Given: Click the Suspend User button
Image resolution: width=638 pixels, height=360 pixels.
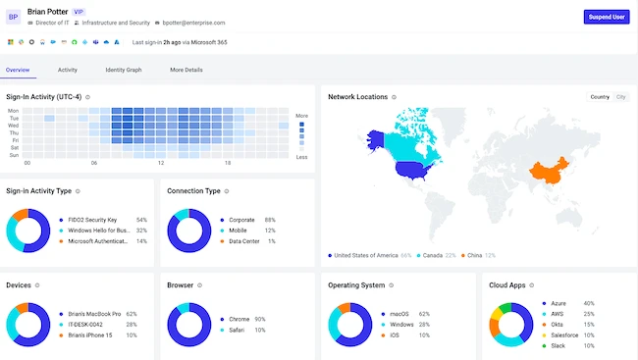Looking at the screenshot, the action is (x=607, y=17).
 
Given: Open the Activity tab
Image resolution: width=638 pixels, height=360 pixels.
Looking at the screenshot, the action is (x=68, y=70).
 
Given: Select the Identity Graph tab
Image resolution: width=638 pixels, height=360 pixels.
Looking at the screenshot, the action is (x=124, y=70).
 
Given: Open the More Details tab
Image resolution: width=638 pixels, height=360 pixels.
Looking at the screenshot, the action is (x=186, y=70).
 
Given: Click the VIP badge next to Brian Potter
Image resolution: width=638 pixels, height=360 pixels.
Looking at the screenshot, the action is (x=79, y=12).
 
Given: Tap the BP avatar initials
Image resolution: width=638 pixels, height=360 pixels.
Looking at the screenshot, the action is (x=13, y=17).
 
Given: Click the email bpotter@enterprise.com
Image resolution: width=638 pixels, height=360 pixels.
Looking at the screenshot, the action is (x=193, y=23).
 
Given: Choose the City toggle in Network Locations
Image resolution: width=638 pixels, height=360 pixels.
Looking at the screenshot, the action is (x=620, y=97).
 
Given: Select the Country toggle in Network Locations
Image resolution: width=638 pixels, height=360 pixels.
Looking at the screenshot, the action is (x=600, y=97).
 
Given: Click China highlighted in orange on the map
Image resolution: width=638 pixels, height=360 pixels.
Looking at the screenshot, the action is (x=548, y=172).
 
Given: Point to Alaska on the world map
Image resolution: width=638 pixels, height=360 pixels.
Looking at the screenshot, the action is (x=376, y=139).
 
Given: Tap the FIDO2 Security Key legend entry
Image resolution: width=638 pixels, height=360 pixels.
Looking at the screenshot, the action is (x=92, y=220).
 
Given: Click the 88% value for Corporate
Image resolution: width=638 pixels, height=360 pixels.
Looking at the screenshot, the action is (x=270, y=220).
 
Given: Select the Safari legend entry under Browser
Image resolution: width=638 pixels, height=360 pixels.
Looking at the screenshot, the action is (x=237, y=330).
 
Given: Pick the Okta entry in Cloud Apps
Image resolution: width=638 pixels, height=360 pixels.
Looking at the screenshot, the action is (x=557, y=325).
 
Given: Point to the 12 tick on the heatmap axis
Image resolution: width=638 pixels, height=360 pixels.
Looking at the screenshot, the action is (x=161, y=163).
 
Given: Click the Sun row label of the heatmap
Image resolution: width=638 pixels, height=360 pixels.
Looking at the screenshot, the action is (x=15, y=155).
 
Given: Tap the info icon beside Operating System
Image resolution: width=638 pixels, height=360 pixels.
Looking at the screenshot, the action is (x=391, y=285).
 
